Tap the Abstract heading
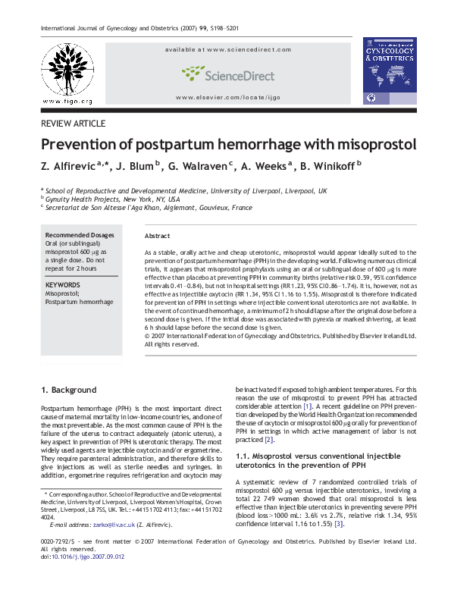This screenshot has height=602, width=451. point(157,237)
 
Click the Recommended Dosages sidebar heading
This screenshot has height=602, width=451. point(77,235)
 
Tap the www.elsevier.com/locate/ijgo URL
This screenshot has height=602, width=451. point(227,99)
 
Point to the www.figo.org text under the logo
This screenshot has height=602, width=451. point(67,101)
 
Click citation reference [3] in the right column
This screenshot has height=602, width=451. point(339,524)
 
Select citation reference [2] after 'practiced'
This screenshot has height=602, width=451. point(268,439)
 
